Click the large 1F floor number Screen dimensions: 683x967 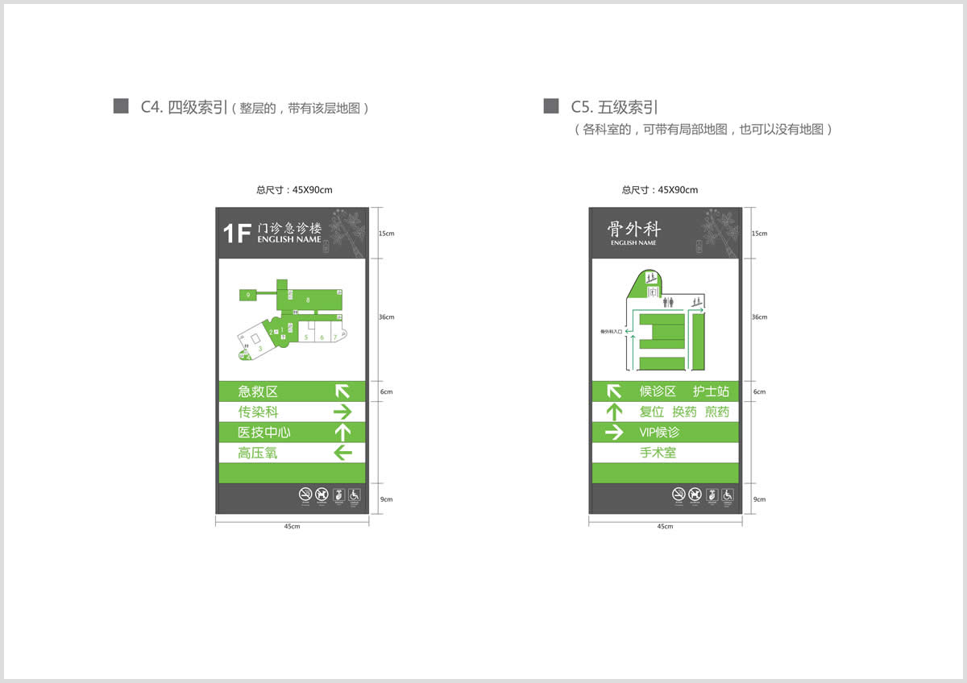point(238,234)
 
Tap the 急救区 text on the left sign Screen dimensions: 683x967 point(258,391)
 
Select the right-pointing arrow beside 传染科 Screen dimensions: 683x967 point(343,412)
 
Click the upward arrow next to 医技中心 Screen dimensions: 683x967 point(343,433)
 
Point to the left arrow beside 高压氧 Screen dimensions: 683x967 point(343,453)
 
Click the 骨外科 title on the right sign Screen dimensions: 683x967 point(633,229)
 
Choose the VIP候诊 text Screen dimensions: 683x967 point(659,433)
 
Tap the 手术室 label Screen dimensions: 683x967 point(658,453)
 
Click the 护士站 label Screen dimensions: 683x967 point(711,391)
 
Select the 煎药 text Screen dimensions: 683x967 point(716,412)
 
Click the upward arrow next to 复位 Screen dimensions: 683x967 point(614,412)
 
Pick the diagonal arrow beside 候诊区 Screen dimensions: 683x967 point(614,391)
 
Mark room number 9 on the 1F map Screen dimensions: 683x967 point(248,296)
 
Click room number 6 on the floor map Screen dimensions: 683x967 point(322,337)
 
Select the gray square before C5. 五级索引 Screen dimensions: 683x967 point(551,106)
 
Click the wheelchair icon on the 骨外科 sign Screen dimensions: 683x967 point(728,495)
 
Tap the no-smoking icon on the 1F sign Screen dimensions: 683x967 point(305,495)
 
